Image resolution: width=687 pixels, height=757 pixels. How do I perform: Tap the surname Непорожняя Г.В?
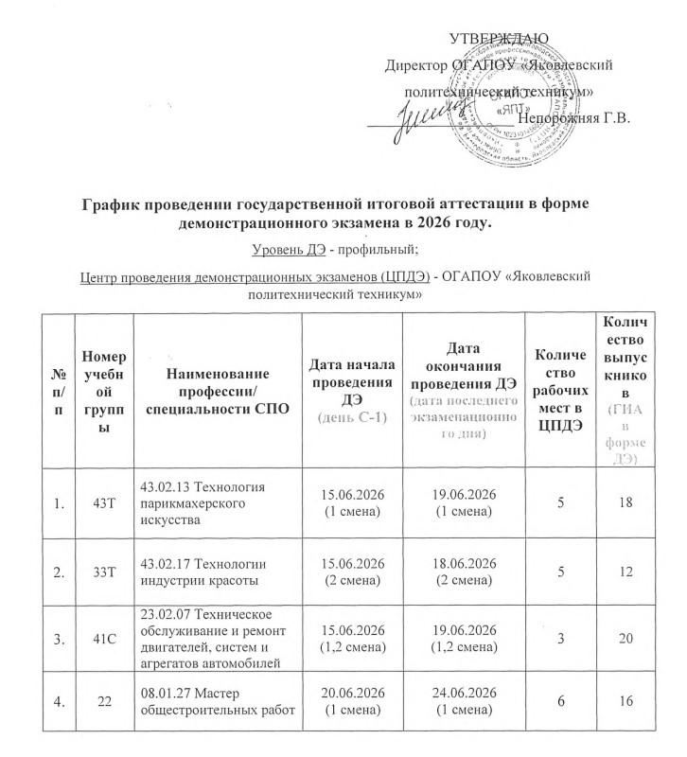[x=574, y=118]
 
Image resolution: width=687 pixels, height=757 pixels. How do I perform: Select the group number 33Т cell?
[x=103, y=572]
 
